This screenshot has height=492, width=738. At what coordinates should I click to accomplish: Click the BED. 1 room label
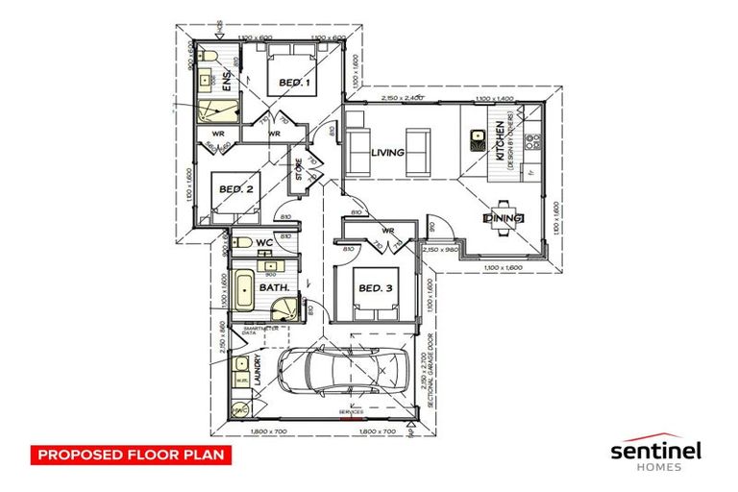pyautogui.click(x=295, y=84)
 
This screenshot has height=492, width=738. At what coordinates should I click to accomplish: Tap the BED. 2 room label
pyautogui.click(x=235, y=189)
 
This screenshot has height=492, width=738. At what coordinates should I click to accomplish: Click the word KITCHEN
pyautogui.click(x=501, y=140)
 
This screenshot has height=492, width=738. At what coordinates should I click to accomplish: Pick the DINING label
pyautogui.click(x=504, y=219)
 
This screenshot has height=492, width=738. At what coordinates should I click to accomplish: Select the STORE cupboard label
pyautogui.click(x=299, y=170)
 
